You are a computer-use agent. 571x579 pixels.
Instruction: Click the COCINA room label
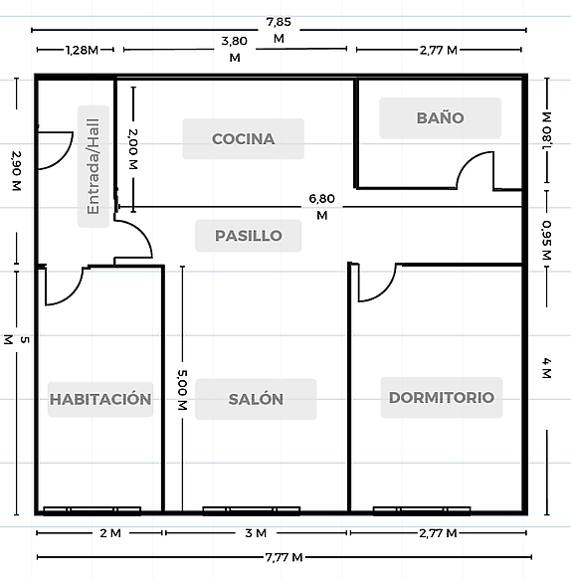(243, 139)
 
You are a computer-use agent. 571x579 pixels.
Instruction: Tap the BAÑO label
(441, 117)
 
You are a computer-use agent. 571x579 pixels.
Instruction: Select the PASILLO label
(249, 236)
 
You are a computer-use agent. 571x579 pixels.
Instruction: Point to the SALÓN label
(256, 399)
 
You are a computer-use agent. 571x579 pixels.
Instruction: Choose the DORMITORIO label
(442, 397)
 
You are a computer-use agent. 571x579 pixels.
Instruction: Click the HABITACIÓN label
(100, 399)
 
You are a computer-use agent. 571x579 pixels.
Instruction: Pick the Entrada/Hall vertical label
(94, 166)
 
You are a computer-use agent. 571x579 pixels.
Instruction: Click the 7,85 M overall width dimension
(279, 30)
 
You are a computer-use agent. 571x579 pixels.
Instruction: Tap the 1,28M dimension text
(82, 50)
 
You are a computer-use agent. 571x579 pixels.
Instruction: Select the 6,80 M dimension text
(321, 207)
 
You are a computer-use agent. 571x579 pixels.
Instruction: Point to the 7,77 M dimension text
(285, 557)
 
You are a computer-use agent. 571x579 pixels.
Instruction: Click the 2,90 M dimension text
(16, 170)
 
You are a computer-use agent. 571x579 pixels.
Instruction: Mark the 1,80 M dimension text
(547, 130)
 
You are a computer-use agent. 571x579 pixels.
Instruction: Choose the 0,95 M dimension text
(546, 240)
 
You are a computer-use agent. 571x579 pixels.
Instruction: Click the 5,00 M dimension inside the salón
(182, 390)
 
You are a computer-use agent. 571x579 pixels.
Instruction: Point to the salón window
(251, 510)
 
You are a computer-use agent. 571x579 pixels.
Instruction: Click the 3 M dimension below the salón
(256, 533)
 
